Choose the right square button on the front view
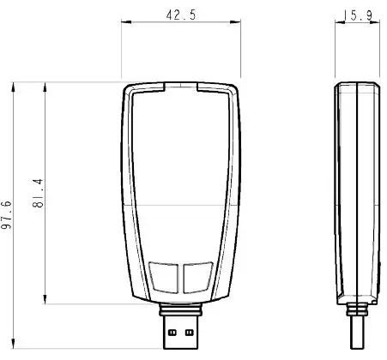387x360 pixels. (x=197, y=276)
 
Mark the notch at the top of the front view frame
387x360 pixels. (x=180, y=87)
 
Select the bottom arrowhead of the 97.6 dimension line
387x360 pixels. (x=15, y=346)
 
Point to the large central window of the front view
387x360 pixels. (x=180, y=171)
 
